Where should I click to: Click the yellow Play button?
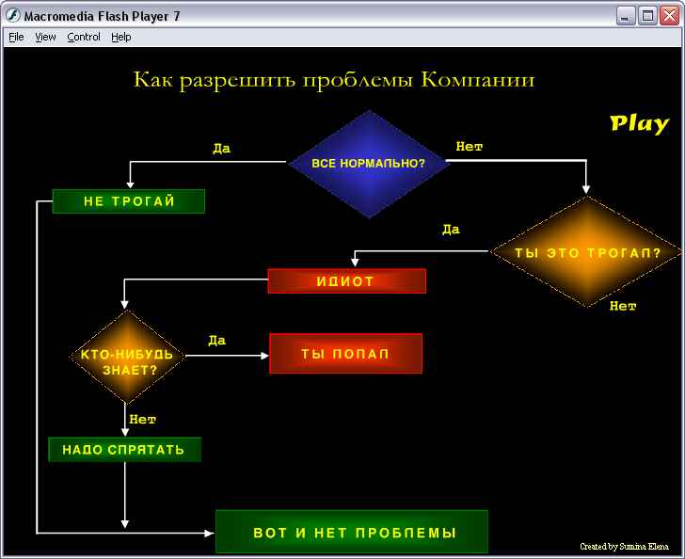click(x=639, y=124)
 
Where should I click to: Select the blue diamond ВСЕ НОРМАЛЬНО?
click(x=369, y=164)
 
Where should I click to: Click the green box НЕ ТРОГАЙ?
click(x=128, y=201)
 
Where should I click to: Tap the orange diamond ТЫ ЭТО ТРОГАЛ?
click(x=586, y=252)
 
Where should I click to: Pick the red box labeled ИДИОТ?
click(x=347, y=281)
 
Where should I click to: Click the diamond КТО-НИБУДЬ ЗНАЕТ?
click(x=127, y=357)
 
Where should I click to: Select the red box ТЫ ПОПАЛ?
click(x=346, y=354)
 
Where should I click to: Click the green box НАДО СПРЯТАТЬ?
click(x=124, y=449)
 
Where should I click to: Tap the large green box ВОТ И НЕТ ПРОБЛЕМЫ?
click(x=352, y=532)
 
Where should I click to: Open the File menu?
click(x=16, y=37)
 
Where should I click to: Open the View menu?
click(x=45, y=37)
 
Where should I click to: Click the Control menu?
click(x=84, y=37)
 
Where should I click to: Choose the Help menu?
click(x=121, y=37)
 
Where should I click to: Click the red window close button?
click(x=670, y=16)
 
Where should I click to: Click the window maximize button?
click(x=647, y=16)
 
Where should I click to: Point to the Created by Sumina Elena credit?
click(x=624, y=547)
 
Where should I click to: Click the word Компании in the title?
click(x=478, y=80)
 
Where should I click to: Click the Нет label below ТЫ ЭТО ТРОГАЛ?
click(x=623, y=306)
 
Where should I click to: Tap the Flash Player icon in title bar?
click(x=12, y=16)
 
